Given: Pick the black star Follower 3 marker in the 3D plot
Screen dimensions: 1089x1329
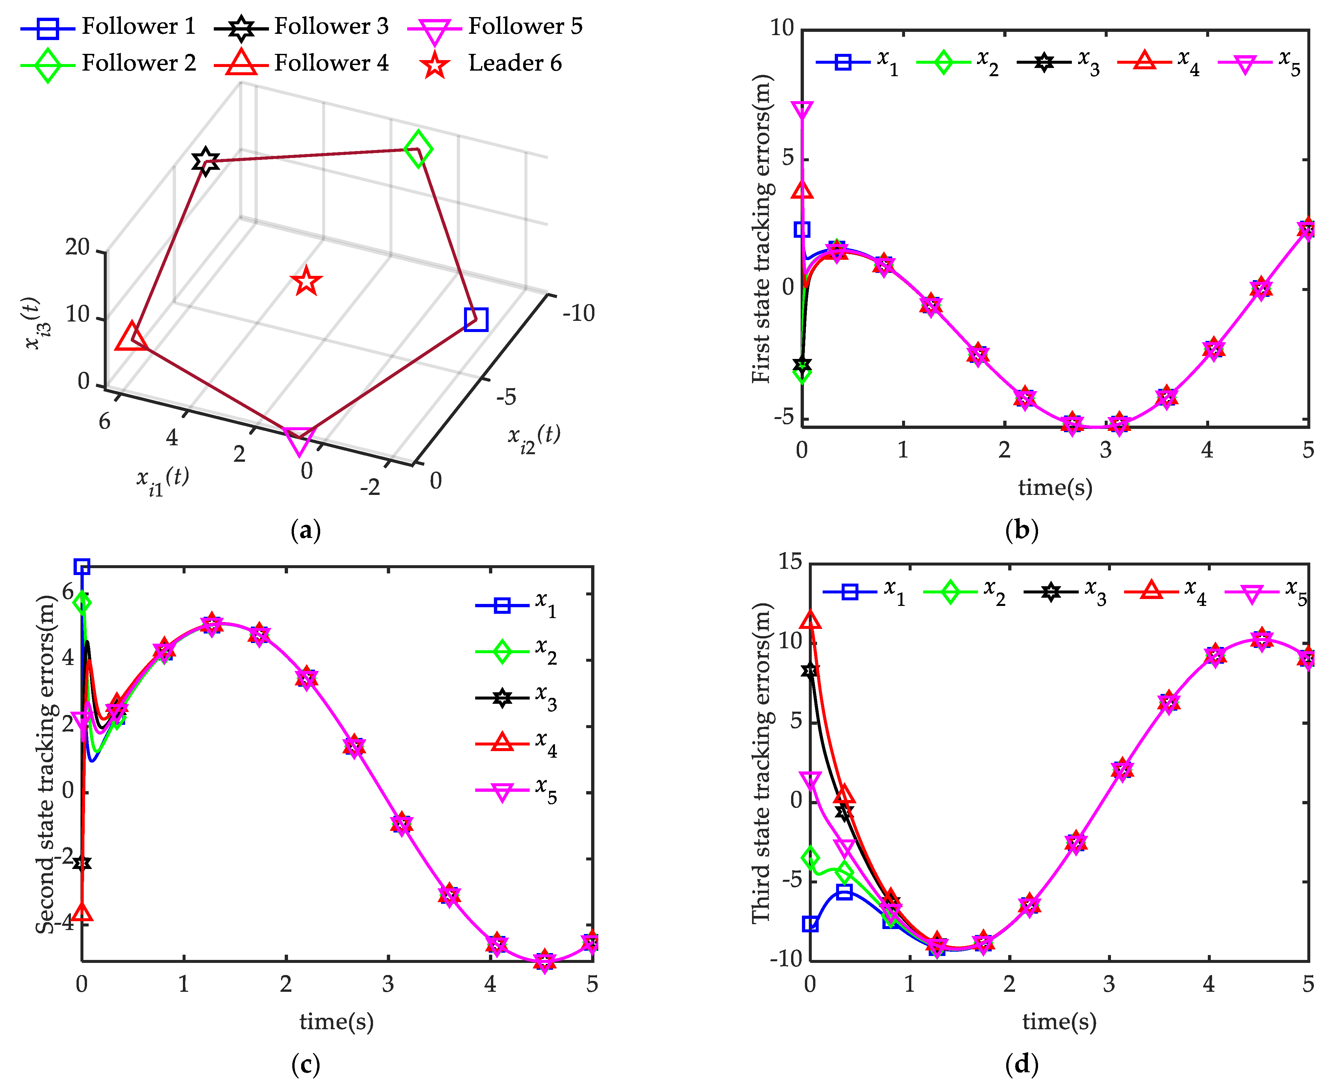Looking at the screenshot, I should tap(205, 162).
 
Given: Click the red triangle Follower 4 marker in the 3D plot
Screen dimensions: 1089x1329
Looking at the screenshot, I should tap(131, 338).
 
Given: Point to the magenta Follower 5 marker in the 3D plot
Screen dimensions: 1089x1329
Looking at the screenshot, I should tap(299, 441).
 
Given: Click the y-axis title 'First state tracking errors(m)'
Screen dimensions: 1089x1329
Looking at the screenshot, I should tap(762, 229).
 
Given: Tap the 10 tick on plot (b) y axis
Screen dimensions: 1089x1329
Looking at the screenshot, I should tap(782, 28).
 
